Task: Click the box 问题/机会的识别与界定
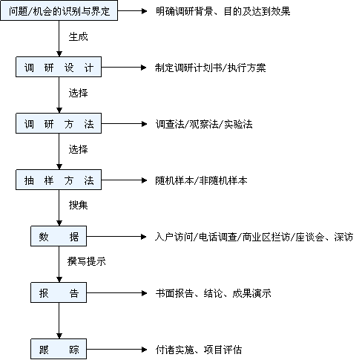(x=59, y=10)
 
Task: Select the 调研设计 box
(x=59, y=67)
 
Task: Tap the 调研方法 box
(x=59, y=123)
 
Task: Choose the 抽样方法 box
(x=59, y=180)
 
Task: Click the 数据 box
(x=59, y=236)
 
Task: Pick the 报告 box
(x=59, y=292)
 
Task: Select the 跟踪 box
(x=59, y=349)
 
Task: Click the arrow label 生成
(x=78, y=37)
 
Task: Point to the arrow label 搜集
(x=78, y=205)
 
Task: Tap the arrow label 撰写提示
(x=87, y=261)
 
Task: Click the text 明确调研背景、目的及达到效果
(x=223, y=11)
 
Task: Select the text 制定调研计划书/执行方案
(x=211, y=68)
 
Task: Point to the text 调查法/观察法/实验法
(x=204, y=124)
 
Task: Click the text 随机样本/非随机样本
(x=201, y=180)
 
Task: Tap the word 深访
(x=343, y=237)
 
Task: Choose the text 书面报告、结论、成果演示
(x=214, y=293)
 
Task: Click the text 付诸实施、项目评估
(x=199, y=350)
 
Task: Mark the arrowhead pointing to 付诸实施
(x=144, y=350)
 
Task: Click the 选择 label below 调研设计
(x=78, y=94)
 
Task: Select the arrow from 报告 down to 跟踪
(x=59, y=321)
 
